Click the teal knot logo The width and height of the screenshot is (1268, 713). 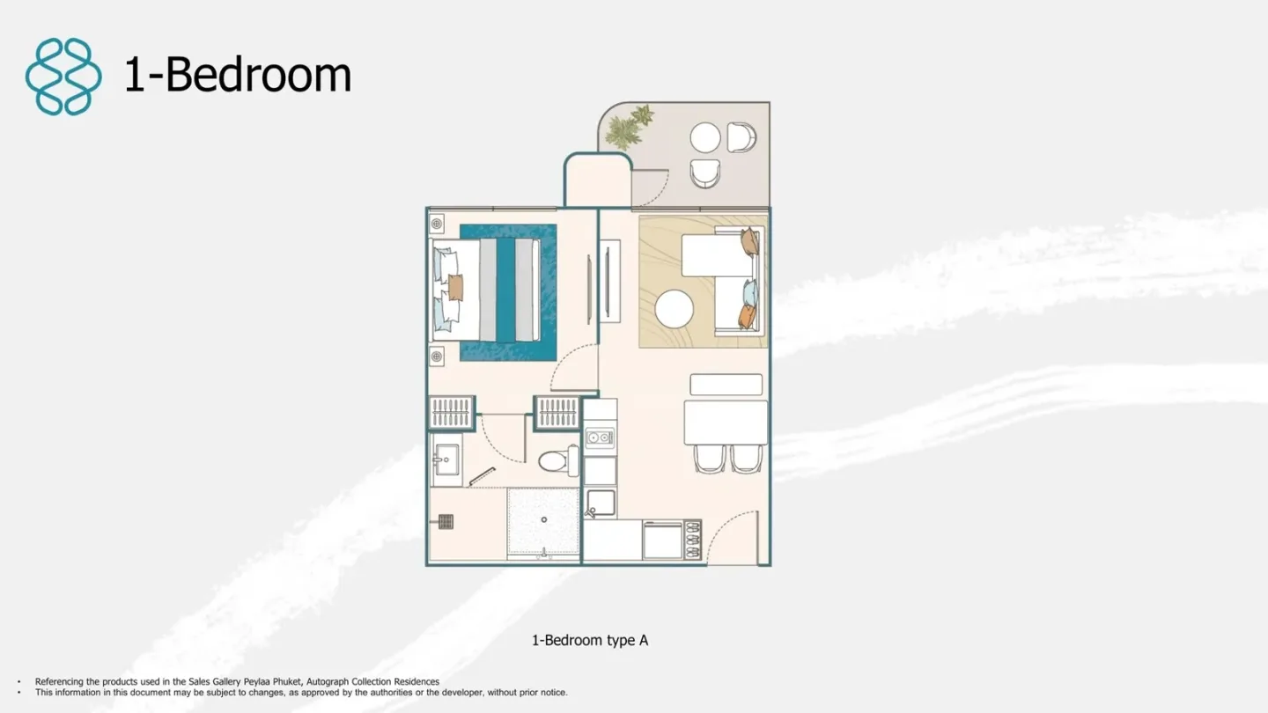pyautogui.click(x=63, y=77)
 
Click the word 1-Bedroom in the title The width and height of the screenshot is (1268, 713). pyautogui.click(x=238, y=74)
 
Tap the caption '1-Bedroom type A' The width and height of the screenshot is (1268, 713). pyautogui.click(x=590, y=640)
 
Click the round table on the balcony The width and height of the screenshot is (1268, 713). pyautogui.click(x=704, y=137)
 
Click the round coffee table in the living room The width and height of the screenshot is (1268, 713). pyautogui.click(x=675, y=309)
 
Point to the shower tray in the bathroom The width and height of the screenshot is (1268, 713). pyautogui.click(x=543, y=522)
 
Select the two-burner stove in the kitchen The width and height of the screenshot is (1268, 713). pyautogui.click(x=600, y=437)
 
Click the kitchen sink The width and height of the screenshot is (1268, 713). pyautogui.click(x=601, y=504)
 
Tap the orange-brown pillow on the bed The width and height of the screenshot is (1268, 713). pyautogui.click(x=455, y=288)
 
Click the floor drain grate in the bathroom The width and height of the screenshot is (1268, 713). pyautogui.click(x=446, y=521)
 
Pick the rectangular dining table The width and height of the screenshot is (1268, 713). pyautogui.click(x=726, y=423)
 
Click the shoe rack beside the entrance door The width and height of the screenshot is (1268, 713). pyautogui.click(x=693, y=540)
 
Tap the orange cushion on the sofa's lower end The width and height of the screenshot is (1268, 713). pyautogui.click(x=748, y=317)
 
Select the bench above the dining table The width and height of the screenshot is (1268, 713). pyautogui.click(x=726, y=384)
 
